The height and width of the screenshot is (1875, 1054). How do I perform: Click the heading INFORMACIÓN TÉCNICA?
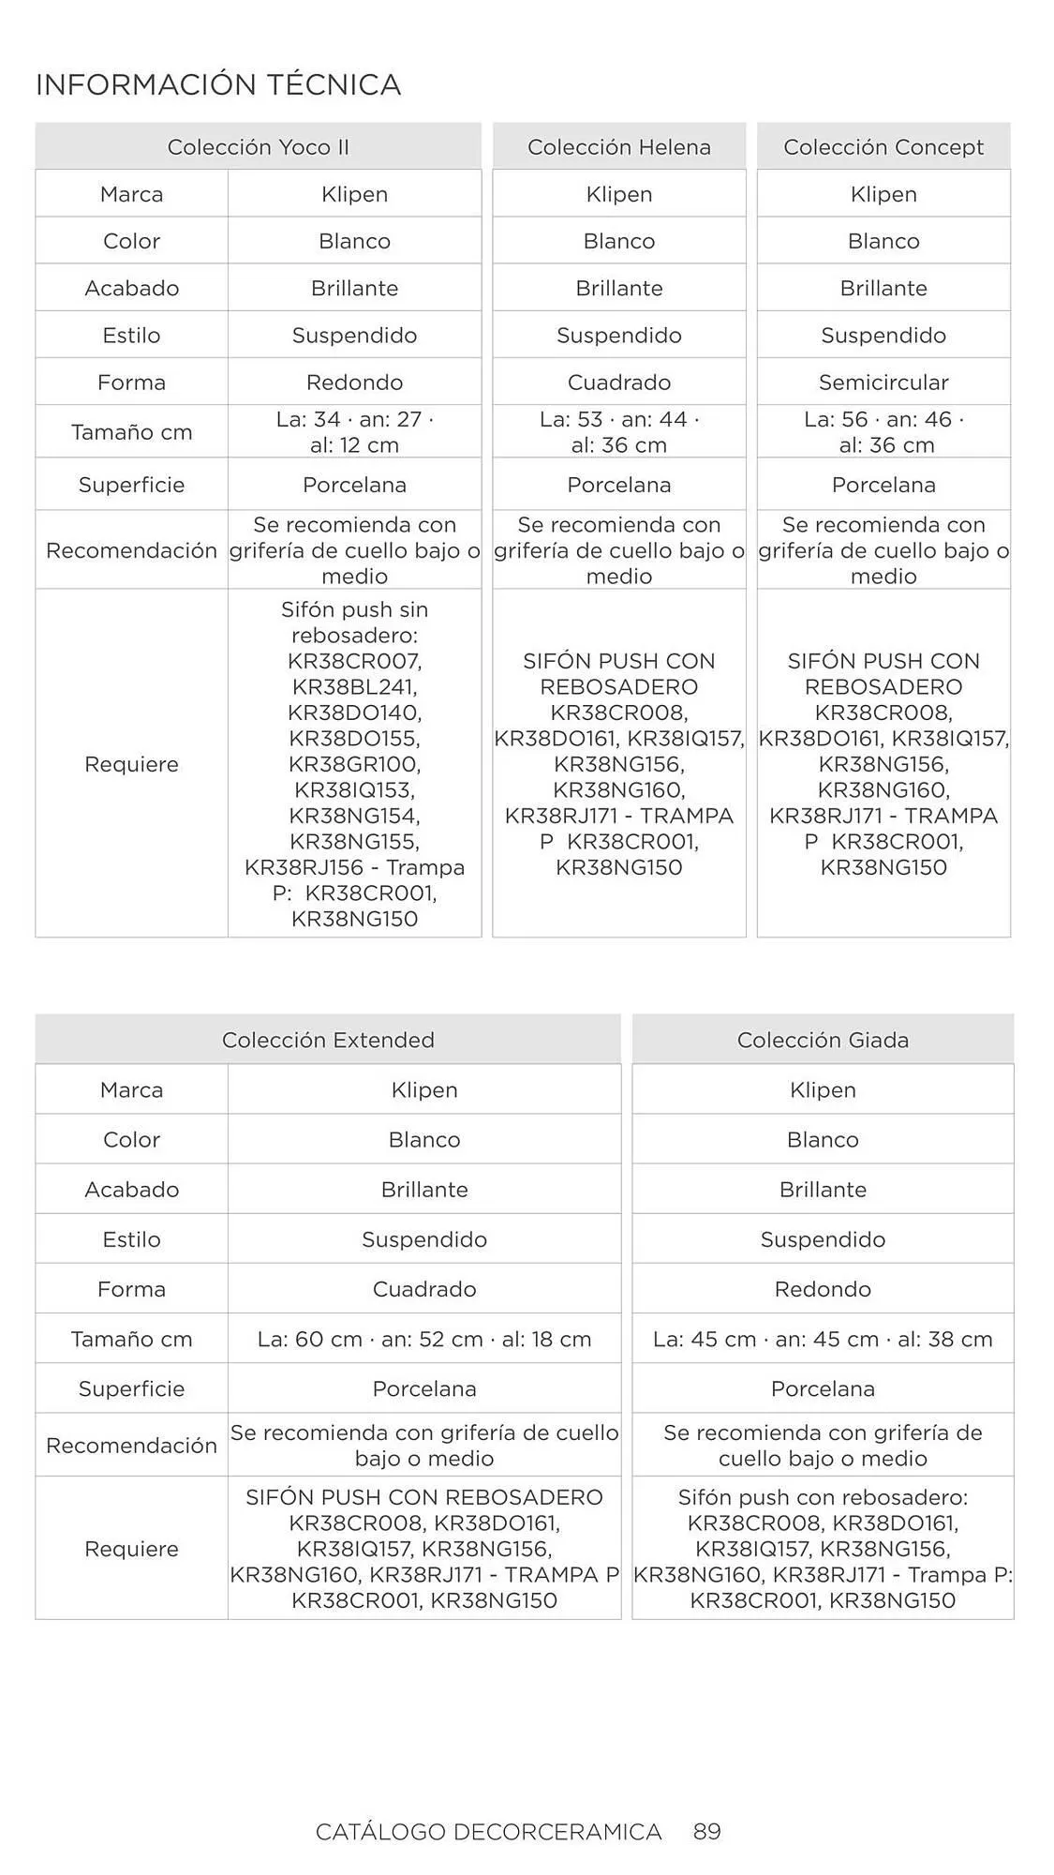coord(218,85)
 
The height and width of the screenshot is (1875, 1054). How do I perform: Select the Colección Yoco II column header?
coord(258,147)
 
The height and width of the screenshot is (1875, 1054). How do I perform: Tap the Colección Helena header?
coord(618,147)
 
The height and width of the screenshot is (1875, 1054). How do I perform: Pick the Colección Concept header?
coord(883,147)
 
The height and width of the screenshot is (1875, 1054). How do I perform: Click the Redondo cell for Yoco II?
coord(354,382)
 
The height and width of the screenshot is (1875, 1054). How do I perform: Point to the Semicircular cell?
coord(883,382)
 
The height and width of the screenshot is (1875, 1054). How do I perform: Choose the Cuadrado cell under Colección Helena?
coord(618,382)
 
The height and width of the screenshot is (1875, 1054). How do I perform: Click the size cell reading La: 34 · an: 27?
coord(354,431)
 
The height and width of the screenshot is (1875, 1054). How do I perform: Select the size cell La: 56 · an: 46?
coord(883,431)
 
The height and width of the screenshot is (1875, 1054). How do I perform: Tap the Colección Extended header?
coord(328,1040)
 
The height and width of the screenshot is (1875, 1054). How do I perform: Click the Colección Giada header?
coord(823,1040)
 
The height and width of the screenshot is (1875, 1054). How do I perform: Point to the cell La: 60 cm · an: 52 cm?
coord(424,1339)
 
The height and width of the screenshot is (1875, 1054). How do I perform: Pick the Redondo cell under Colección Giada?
coord(823,1289)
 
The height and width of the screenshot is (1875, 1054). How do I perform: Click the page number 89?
coord(707,1831)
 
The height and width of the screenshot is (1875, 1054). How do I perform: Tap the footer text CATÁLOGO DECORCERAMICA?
coord(488,1832)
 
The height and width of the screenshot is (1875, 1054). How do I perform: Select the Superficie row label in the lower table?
coord(131,1388)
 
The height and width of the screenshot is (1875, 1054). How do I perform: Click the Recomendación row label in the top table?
coord(131,550)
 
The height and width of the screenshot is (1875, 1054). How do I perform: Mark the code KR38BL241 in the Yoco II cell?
coord(354,687)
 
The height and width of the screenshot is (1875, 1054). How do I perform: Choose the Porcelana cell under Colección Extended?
coord(424,1388)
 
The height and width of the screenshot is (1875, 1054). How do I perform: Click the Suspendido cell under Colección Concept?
coord(883,336)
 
